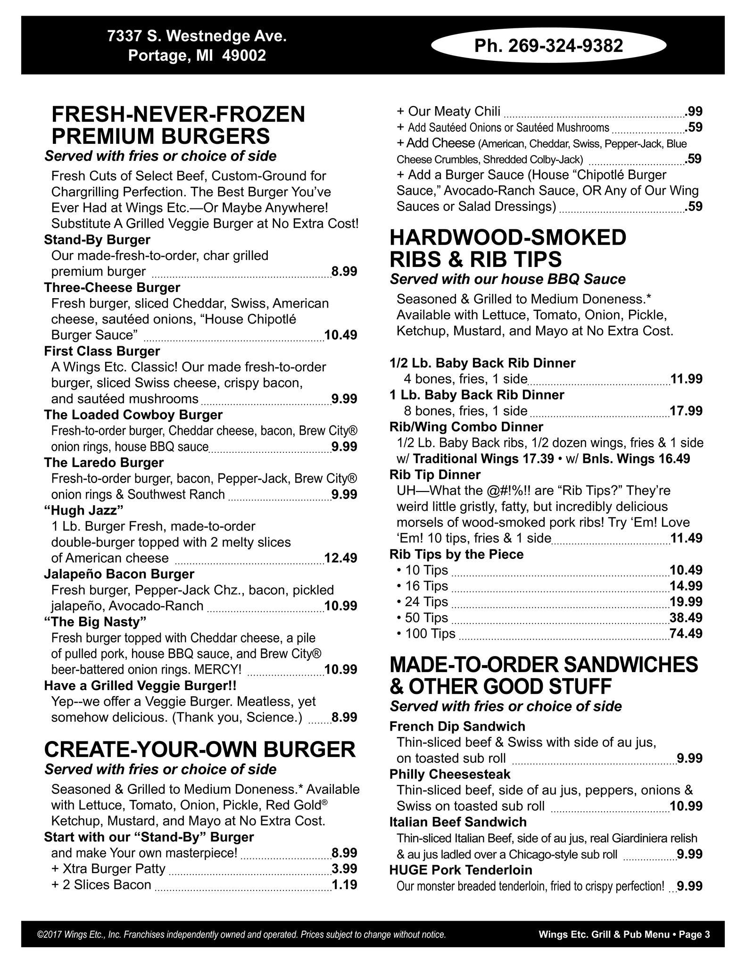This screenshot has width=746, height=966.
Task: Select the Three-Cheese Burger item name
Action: (x=112, y=287)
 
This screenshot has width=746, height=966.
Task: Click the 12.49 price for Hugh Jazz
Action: (x=340, y=558)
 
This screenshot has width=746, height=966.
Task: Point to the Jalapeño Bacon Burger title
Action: (x=119, y=574)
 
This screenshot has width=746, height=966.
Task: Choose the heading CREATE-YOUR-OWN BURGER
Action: (x=200, y=749)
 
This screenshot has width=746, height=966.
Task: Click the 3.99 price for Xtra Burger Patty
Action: (x=344, y=868)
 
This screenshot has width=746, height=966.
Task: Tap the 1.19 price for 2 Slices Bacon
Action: (x=344, y=884)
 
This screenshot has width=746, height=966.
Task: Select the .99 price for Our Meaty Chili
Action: (x=695, y=112)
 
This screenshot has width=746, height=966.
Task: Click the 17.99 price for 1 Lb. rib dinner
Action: (x=686, y=411)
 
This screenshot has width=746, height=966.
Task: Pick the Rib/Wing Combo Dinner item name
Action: (x=466, y=427)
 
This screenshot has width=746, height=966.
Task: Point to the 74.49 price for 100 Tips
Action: (x=686, y=633)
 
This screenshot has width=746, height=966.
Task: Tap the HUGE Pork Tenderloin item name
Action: (x=461, y=870)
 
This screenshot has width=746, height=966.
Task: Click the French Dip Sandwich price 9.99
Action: (x=689, y=758)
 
